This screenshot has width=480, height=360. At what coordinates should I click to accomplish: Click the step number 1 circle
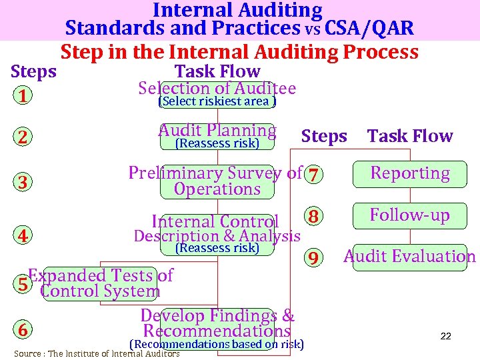(23, 97)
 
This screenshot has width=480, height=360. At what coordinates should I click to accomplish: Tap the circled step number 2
(23, 137)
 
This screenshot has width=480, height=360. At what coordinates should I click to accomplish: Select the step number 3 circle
(23, 182)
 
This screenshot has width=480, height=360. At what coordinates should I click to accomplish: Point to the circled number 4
(23, 235)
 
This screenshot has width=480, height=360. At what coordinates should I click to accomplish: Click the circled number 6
(23, 330)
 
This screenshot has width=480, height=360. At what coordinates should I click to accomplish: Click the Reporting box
(410, 174)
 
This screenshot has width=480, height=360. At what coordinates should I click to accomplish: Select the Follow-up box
(410, 215)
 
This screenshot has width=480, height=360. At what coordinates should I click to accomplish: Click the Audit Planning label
(217, 131)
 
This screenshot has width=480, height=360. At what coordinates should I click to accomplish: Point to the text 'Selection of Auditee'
(217, 88)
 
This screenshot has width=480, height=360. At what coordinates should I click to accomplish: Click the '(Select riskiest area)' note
(217, 101)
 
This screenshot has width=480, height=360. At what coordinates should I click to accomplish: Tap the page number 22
(446, 337)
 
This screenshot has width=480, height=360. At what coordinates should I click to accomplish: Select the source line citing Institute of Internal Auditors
(97, 354)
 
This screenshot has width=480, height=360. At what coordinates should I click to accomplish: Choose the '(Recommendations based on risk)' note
(217, 344)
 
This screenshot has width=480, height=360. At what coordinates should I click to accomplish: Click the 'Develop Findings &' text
(217, 315)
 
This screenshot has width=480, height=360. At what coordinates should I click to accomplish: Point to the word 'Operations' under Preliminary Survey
(217, 189)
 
